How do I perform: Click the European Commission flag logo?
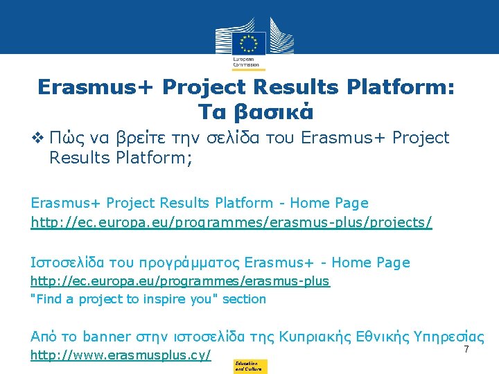(x=249, y=43)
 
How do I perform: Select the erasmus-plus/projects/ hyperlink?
(x=231, y=222)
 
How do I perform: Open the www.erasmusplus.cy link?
(x=121, y=356)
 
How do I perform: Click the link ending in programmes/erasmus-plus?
(x=180, y=281)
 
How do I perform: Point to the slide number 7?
(x=466, y=350)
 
